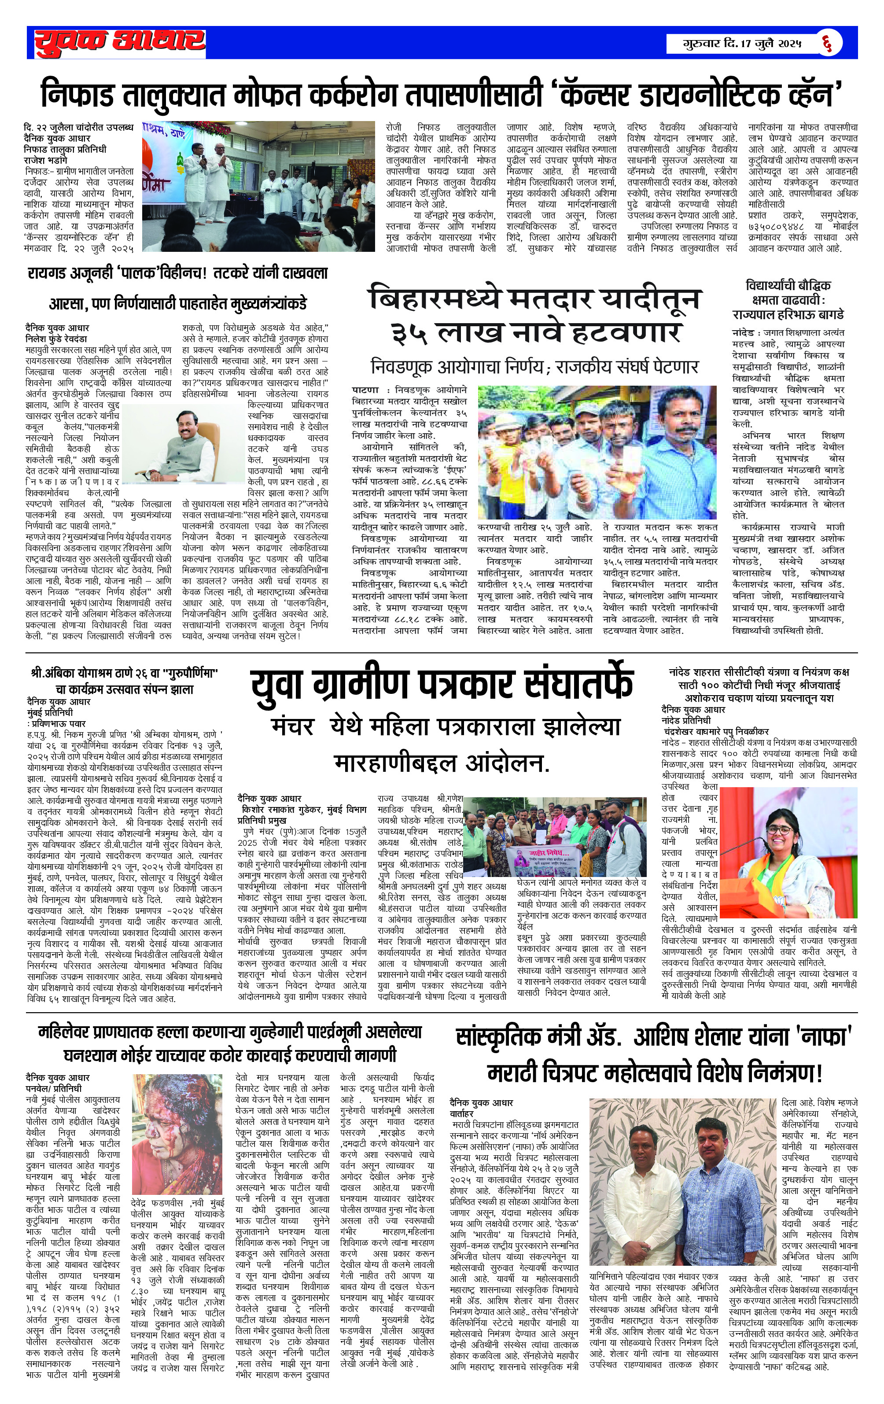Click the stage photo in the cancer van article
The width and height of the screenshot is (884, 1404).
pos(258,186)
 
